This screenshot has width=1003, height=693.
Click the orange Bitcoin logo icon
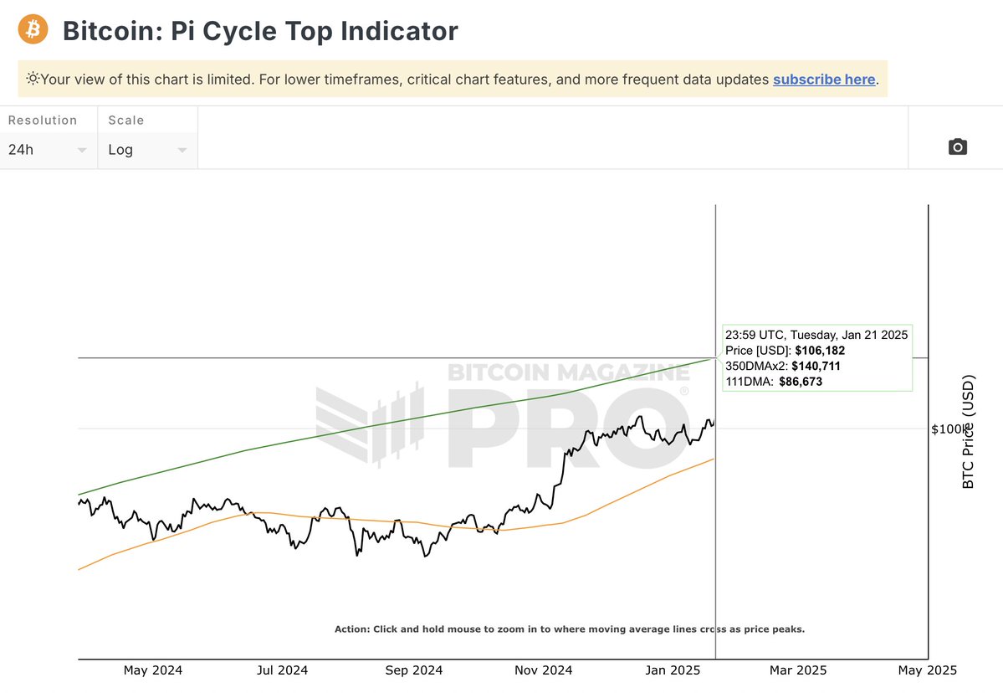point(33,30)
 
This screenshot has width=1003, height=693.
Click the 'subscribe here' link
point(824,80)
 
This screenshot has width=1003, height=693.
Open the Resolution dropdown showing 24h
point(49,150)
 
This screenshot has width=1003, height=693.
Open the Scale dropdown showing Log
point(147,150)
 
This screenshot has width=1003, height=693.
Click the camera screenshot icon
point(958,147)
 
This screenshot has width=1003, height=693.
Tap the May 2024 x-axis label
point(152,670)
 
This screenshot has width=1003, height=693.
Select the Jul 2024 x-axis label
point(282,670)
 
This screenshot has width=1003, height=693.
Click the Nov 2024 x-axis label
point(544,670)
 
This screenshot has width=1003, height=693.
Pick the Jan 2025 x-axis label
point(673,670)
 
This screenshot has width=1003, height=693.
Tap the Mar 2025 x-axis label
point(797,670)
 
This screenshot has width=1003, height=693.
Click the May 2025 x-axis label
point(927,670)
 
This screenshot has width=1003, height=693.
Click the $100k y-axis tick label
point(948,429)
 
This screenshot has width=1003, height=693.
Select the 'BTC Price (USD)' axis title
point(969,432)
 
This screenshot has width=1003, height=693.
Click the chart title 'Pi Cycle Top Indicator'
point(315,31)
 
